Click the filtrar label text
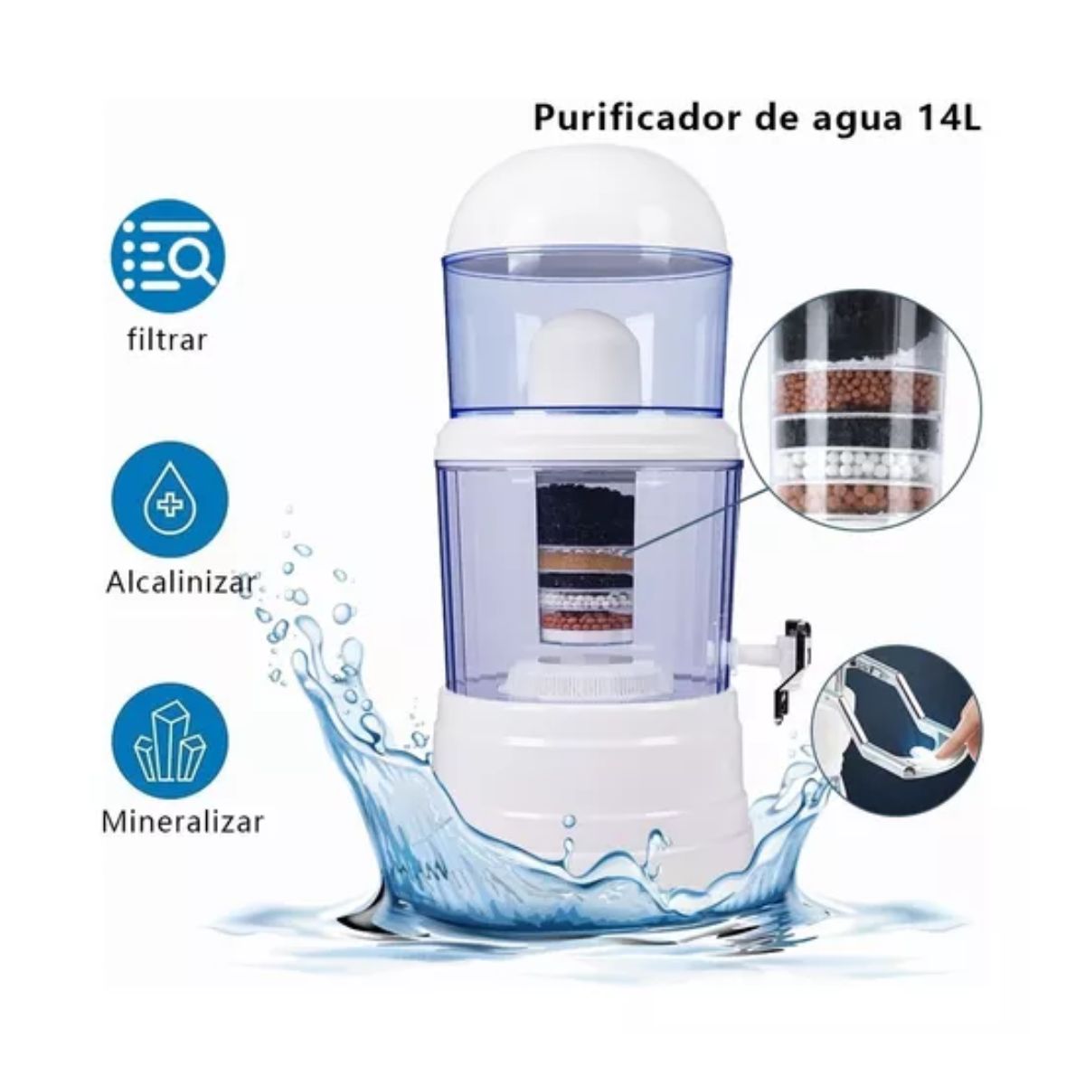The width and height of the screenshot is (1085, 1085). (166, 340)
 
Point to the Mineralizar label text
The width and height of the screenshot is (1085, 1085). (183, 821)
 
